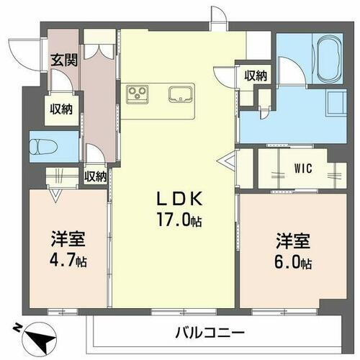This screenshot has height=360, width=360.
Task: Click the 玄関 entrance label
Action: pyautogui.click(x=60, y=60)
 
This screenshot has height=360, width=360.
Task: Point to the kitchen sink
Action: pyautogui.click(x=180, y=93)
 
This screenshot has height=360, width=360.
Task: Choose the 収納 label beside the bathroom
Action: pyautogui.click(x=256, y=75)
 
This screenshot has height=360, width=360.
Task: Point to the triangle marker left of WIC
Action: pyautogui.click(x=229, y=161)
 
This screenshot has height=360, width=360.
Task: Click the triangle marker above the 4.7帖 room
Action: pyautogui.click(x=55, y=192)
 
